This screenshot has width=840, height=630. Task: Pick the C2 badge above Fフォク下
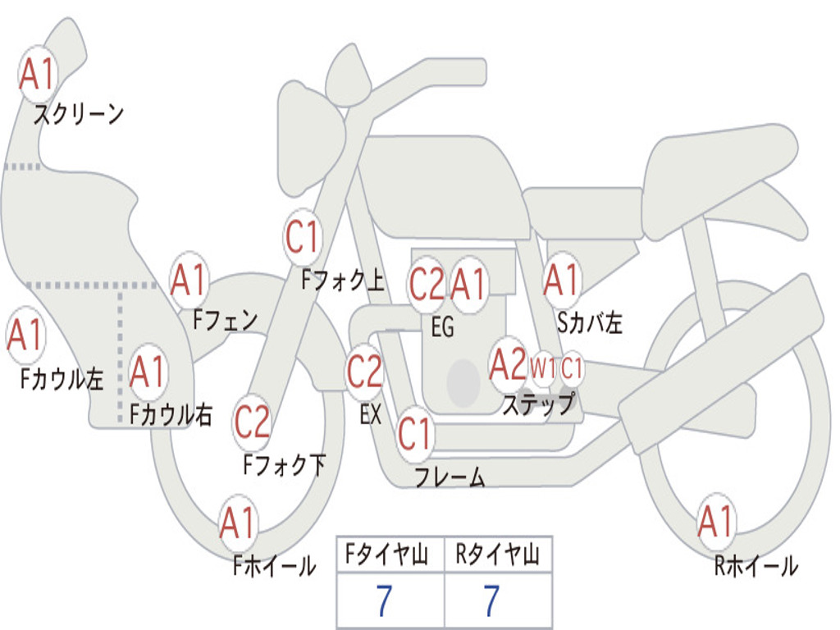click(x=252, y=422)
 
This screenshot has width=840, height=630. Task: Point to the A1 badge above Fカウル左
click(x=25, y=336)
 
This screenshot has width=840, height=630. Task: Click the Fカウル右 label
click(x=171, y=414)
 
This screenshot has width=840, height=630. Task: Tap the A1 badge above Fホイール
click(x=238, y=523)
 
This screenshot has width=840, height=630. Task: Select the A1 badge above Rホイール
click(x=715, y=522)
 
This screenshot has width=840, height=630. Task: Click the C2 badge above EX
click(x=364, y=372)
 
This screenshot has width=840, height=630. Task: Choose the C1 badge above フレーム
click(x=414, y=433)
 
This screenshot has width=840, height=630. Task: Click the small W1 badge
click(x=543, y=368)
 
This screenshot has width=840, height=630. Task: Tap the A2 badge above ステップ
click(x=508, y=366)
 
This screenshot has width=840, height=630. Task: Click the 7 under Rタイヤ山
click(x=491, y=601)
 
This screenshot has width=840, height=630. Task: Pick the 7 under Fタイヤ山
click(x=384, y=601)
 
